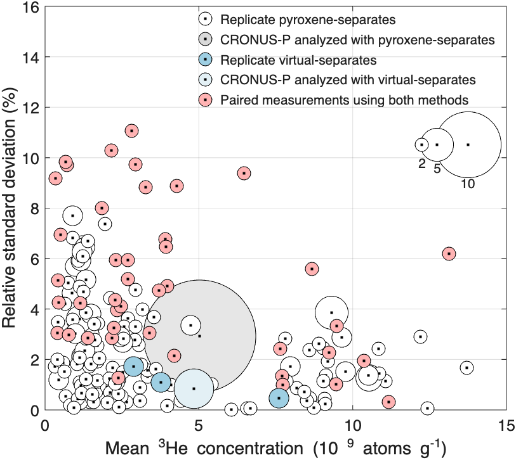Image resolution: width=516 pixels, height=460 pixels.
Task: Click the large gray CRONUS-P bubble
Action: pyautogui.click(x=199, y=335)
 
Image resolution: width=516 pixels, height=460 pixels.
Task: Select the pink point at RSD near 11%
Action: pyautogui.click(x=131, y=131)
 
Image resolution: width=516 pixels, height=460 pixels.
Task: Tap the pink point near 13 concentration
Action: pyautogui.click(x=449, y=253)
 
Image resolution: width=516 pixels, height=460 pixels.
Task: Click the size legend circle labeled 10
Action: pyautogui.click(x=468, y=144)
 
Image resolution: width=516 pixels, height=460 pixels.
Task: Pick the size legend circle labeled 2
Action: pyautogui.click(x=421, y=144)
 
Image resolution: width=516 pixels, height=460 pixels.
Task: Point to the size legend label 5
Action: pyautogui.click(x=437, y=169)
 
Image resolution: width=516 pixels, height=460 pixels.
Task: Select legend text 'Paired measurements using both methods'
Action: pyautogui.click(x=345, y=99)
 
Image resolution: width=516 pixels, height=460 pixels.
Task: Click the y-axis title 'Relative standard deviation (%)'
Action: pyautogui.click(x=11, y=209)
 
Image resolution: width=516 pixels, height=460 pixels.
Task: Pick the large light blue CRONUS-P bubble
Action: pyautogui.click(x=194, y=388)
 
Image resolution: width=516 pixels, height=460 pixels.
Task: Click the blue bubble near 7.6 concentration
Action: pyautogui.click(x=279, y=398)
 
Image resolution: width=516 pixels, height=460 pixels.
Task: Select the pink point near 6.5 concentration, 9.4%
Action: pyautogui.click(x=244, y=173)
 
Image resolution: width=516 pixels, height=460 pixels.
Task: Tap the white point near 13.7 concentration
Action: pyautogui.click(x=467, y=367)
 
